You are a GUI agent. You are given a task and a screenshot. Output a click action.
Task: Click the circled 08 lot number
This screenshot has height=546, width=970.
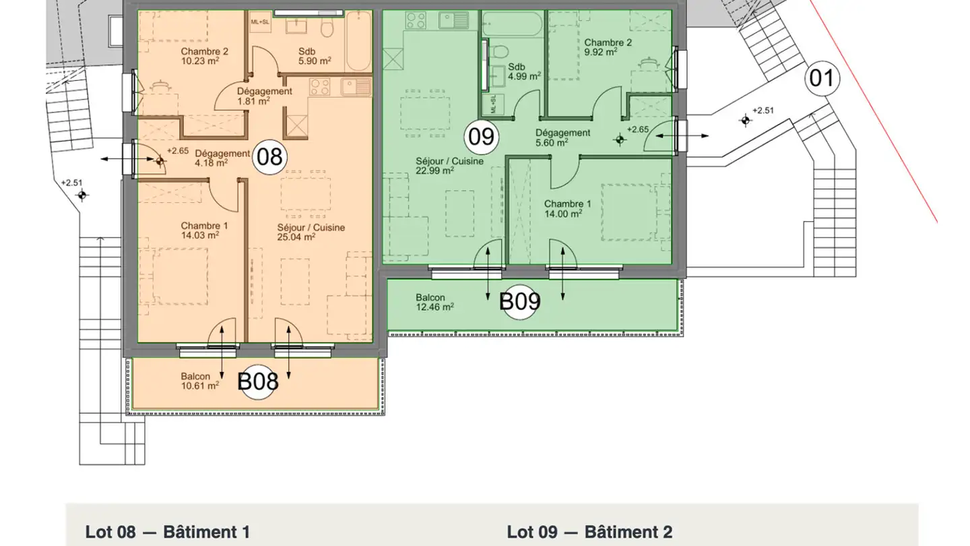tap(269, 157)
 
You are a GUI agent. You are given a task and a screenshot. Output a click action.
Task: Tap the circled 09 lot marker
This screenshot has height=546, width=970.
tap(481, 137)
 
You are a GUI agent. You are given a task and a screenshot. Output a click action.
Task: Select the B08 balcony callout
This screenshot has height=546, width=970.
tap(257, 382)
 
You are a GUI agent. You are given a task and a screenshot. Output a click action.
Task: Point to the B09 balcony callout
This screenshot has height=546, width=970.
tap(519, 301)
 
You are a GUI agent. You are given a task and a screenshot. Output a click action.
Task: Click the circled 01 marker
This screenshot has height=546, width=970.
tap(822, 78)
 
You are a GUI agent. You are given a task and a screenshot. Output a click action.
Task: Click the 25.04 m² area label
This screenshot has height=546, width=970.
tap(296, 237)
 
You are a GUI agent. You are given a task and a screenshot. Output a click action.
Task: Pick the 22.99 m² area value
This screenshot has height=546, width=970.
tap(434, 171)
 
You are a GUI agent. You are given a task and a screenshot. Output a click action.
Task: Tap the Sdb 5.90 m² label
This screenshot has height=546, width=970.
tap(315, 57)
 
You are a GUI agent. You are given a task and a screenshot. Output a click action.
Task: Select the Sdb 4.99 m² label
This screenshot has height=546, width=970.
tap(524, 72)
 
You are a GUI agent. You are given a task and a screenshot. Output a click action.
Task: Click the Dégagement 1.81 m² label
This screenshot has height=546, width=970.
tap(265, 96)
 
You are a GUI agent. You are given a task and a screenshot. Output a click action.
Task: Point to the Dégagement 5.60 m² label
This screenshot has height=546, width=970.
tap(562, 138)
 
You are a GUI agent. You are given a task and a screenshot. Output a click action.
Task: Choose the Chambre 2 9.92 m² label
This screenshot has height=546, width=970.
tap(608, 47)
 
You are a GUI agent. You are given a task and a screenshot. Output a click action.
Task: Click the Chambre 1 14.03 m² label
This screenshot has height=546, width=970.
tap(204, 231)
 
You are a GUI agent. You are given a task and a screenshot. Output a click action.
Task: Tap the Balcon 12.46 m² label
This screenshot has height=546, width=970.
tap(434, 303)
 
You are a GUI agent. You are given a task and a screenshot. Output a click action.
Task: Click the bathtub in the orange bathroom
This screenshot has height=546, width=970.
tap(358, 41)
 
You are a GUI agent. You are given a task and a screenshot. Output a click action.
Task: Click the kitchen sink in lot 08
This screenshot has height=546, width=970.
tap(356, 87)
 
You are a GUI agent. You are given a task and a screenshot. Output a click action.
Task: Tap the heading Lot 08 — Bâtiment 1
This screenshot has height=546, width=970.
tap(168, 532)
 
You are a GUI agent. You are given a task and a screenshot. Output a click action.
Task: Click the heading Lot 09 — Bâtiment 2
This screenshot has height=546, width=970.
tap(590, 532)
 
